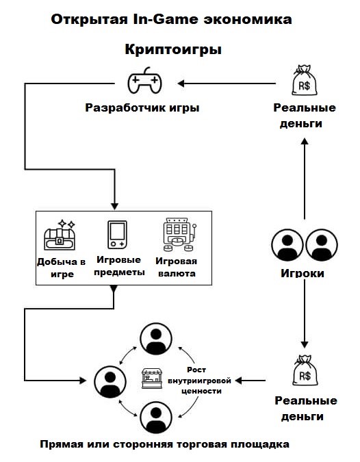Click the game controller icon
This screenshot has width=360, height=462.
[144, 81]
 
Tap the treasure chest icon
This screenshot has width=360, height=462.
[60, 235]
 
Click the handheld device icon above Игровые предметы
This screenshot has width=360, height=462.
[117, 235]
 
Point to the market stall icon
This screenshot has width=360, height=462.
[152, 378]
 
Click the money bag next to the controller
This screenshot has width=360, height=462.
[305, 80]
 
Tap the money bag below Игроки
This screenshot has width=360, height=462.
[305, 370]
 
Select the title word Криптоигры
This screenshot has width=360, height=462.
[173, 49]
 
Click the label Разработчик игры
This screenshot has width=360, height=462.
[142, 108]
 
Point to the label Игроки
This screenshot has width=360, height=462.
[303, 273]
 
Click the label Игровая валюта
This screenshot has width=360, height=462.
[176, 267]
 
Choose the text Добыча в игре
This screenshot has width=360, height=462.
[62, 268]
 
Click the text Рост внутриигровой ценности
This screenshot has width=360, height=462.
[199, 381]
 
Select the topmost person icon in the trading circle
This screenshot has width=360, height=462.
[156, 339]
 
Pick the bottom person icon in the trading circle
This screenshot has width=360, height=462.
[156, 417]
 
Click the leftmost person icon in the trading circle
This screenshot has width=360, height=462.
[110, 382]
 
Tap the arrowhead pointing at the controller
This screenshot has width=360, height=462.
[181, 84]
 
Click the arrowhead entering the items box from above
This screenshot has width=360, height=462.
[114, 207]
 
